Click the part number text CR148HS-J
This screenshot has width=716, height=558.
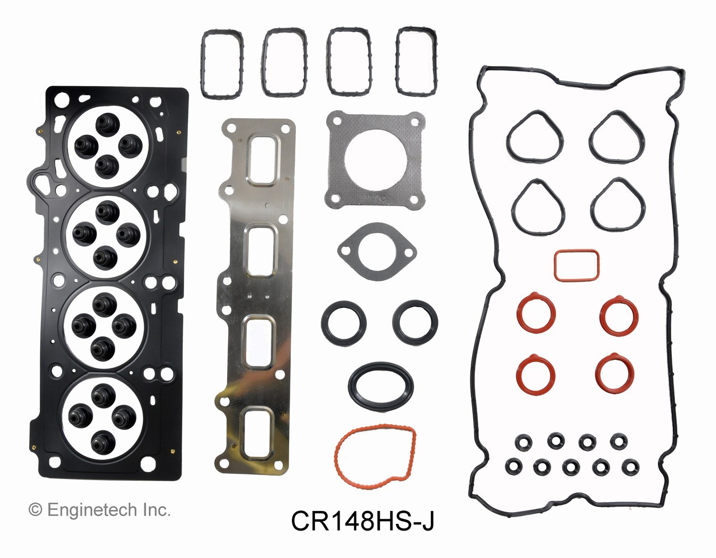coord(362,522)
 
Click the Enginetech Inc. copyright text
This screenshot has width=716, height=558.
coord(100,510)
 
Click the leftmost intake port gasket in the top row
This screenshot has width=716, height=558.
coord(221,63)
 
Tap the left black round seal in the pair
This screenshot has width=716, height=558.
coord(344,322)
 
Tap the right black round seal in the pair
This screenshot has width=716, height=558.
coord(415,322)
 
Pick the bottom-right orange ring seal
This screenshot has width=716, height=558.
coord(614,373)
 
